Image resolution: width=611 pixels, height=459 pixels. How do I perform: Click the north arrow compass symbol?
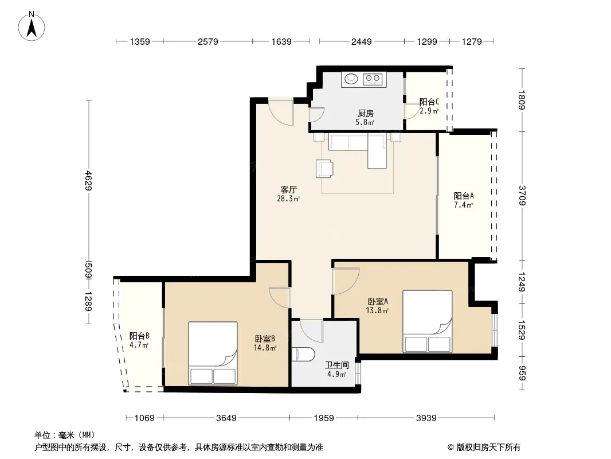coord(32,26)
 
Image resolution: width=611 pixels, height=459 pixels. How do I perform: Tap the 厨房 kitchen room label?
coord(366,114)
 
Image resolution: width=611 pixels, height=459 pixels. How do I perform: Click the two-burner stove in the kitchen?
coord(373,79)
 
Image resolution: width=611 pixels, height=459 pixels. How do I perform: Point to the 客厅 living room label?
coord(289,190)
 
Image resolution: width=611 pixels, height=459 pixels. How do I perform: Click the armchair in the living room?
coord(324,169)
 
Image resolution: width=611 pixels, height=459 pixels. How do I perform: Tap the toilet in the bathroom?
coord(303,353)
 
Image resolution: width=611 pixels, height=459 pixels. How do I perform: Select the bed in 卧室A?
coord(428,321)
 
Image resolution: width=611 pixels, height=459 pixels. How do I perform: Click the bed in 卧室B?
coord(213,353)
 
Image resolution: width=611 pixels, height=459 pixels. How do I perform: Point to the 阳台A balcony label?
coord(464,196)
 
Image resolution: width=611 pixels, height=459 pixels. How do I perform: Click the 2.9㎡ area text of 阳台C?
coord(429,111)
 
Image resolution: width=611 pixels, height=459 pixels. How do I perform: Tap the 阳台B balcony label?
coord(139,336)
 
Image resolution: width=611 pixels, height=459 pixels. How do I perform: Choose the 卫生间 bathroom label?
coord(337,365)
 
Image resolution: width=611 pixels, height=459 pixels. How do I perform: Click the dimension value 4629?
coord(89,181)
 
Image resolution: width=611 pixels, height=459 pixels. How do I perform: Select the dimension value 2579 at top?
coord(207,41)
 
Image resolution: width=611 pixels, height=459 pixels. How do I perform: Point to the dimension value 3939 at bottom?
coord(426,418)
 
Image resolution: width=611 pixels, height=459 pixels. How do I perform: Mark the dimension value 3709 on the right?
coord(523,196)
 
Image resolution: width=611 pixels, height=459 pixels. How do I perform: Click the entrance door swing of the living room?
coord(280,112)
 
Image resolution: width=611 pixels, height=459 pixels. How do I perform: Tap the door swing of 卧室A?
coord(345,281)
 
